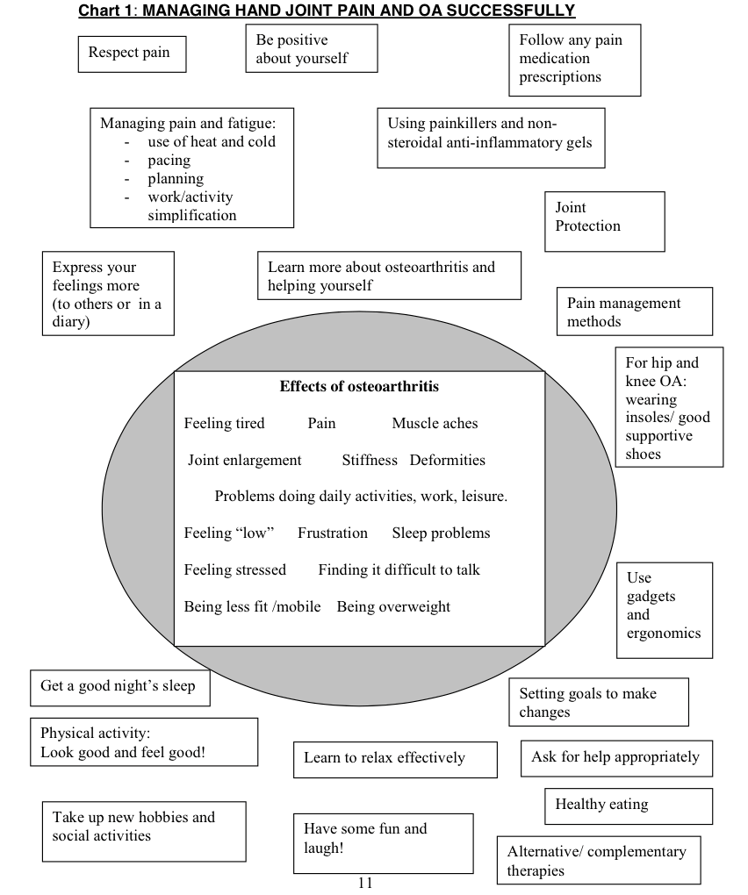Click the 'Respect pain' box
coord(132,54)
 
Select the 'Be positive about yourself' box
coord(311,48)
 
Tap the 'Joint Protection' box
coord(604,220)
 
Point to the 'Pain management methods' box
coord(634,311)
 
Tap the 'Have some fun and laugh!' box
coord(383,842)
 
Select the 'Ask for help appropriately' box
coord(615,758)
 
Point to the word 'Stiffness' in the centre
coord(370,460)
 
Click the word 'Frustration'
coord(333,533)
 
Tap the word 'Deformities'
coord(448,460)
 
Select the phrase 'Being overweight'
coord(393,606)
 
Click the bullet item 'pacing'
coord(169,161)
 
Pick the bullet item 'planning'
coord(176,179)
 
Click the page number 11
coord(365,884)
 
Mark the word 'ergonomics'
coord(664,634)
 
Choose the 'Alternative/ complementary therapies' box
coord(599,860)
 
